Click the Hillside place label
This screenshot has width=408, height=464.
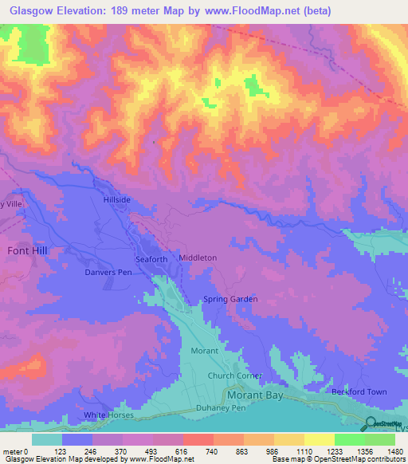[116, 201]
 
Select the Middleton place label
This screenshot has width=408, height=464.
[198, 258]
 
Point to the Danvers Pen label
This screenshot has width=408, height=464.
[108, 272]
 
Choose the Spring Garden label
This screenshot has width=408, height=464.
[230, 299]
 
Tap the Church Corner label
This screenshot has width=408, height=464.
[230, 376]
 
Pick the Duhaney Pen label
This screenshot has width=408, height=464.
[222, 407]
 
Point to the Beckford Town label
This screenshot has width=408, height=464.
[359, 391]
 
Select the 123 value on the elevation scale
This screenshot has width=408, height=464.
[69, 451]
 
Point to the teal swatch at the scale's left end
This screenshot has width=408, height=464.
[47, 439]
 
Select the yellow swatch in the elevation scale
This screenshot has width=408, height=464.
[319, 439]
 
